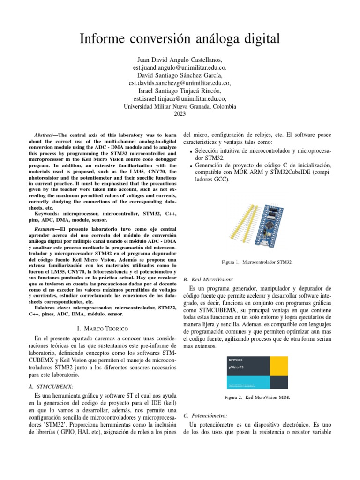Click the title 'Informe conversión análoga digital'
(x=180, y=39)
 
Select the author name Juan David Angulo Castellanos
(x=180, y=60)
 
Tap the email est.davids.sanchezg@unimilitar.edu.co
(x=180, y=83)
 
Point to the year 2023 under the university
(x=180, y=114)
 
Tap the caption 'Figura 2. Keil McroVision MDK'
(x=258, y=397)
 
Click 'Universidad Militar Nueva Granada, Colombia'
(x=180, y=106)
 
